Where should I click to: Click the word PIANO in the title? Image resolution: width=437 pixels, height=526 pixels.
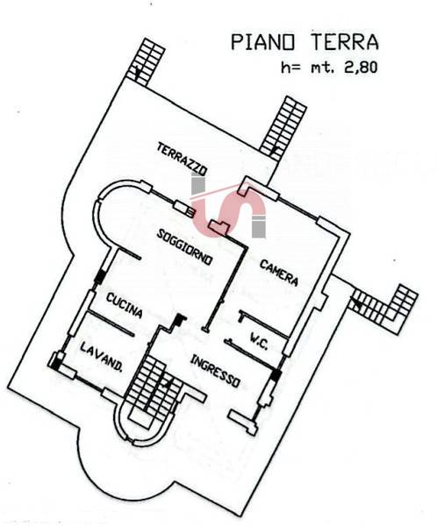point(262,42)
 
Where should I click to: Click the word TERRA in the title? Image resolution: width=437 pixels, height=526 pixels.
point(345,41)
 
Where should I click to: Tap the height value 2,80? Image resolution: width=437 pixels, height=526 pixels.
point(361,68)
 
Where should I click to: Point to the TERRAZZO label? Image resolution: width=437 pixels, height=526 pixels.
point(182,159)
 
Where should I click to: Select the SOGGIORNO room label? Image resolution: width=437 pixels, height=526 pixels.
point(185,247)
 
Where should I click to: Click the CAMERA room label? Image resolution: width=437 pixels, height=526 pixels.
point(279,273)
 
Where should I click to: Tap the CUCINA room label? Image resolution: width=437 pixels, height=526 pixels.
point(125,305)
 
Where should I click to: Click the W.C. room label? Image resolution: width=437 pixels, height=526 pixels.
point(259,341)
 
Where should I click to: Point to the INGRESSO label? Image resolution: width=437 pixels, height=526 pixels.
point(215,372)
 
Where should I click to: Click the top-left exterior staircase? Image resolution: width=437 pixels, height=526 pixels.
point(147,61)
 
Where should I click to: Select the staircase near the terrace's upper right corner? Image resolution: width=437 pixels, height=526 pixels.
point(283,127)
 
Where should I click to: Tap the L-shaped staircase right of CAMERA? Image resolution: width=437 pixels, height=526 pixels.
point(384,309)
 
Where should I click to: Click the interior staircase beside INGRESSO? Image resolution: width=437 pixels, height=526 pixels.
point(154,392)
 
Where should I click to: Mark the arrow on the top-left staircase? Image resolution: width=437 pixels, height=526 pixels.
point(137,73)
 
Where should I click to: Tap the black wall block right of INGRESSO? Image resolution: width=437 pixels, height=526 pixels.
point(276,374)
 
